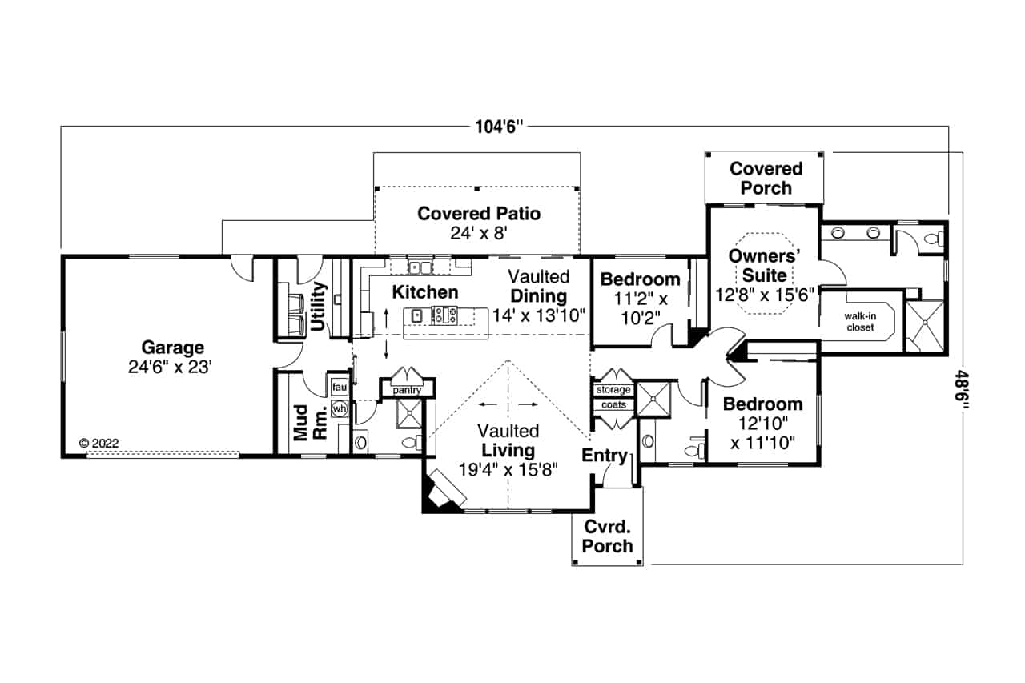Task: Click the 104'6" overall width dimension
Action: [x=497, y=127]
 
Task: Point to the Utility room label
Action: [x=319, y=307]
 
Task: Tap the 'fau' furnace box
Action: [x=339, y=388]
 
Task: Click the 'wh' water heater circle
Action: [x=340, y=408]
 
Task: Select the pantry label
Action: [x=407, y=389]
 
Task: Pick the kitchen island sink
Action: [x=417, y=315]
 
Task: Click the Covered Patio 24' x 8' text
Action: [x=479, y=223]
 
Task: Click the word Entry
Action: [x=605, y=456]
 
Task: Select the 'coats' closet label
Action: [x=613, y=405]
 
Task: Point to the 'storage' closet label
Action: [x=613, y=390]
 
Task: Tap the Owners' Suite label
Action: [x=766, y=265]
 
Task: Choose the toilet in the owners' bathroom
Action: [x=931, y=239]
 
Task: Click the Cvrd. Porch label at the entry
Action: [x=607, y=537]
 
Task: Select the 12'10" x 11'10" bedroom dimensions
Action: [x=762, y=433]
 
